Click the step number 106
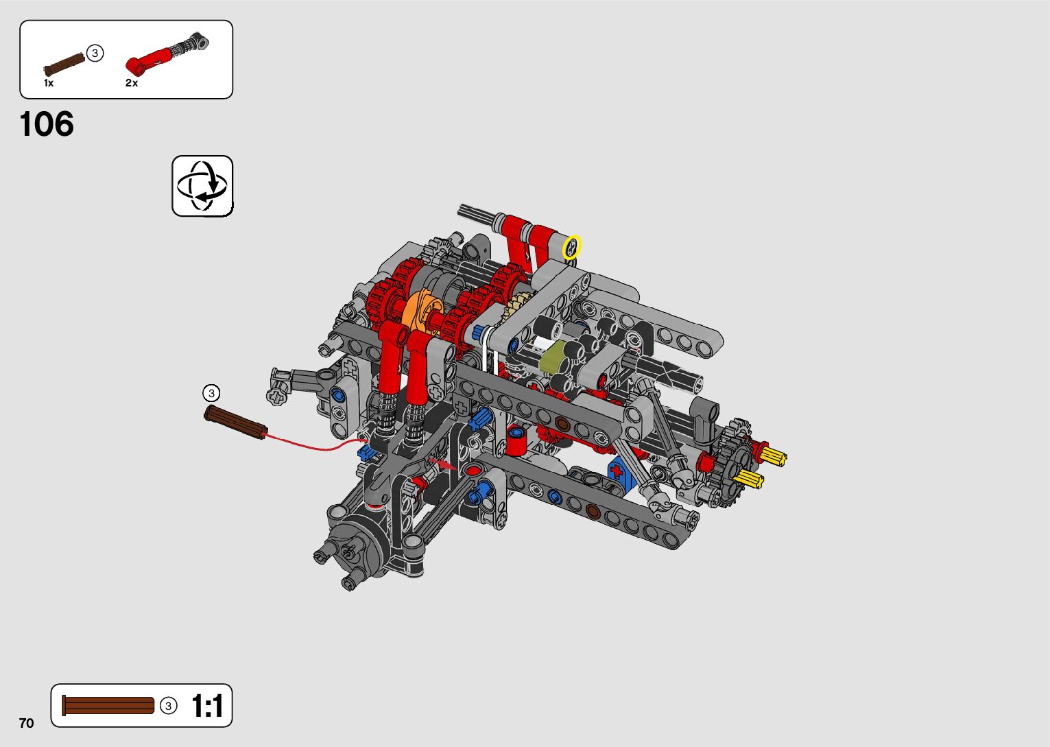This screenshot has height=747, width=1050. [47, 124]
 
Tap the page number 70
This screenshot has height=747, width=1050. [27, 723]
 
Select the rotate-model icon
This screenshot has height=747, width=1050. [202, 186]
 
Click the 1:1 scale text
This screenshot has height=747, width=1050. [207, 706]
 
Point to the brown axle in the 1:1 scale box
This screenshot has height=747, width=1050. [108, 705]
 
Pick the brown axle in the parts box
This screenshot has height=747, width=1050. [64, 64]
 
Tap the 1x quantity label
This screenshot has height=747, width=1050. [49, 84]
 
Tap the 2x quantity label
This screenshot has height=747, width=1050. [132, 83]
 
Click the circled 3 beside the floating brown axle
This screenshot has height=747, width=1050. [211, 393]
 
